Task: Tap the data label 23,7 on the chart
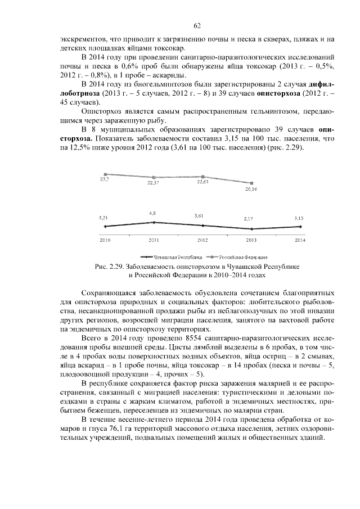click(x=105, y=179)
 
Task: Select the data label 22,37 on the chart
click(x=154, y=183)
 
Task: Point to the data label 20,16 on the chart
click(x=251, y=189)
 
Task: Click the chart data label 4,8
click(x=152, y=214)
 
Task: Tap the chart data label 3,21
click(x=103, y=217)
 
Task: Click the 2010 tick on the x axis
click(x=105, y=240)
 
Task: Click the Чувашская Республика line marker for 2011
click(x=154, y=222)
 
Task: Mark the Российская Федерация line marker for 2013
click(x=251, y=183)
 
